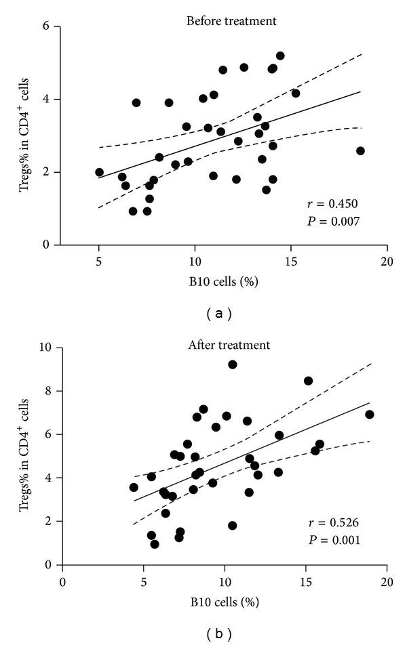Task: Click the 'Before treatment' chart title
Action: pyautogui.click(x=231, y=21)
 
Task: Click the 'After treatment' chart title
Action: pyautogui.click(x=229, y=345)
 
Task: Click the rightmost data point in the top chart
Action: pyautogui.click(x=360, y=150)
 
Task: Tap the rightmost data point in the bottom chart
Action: pyautogui.click(x=369, y=414)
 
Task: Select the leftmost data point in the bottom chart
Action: pyautogui.click(x=134, y=487)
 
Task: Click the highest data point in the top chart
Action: pyautogui.click(x=280, y=56)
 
